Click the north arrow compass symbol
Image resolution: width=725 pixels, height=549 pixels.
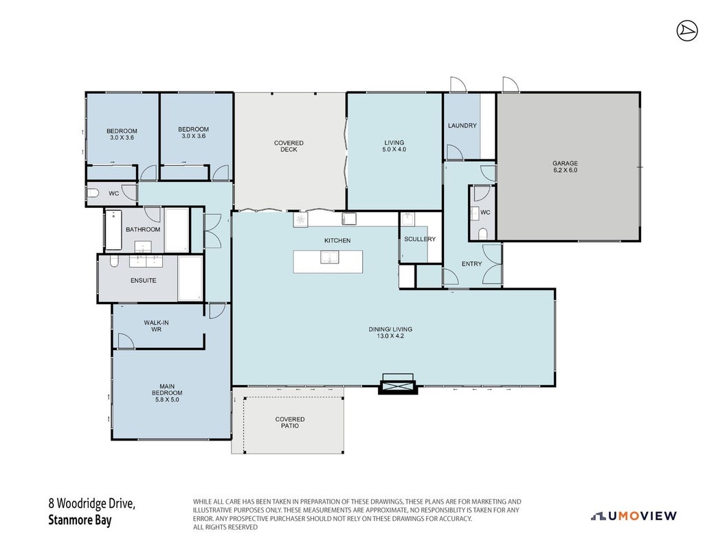click(687, 32)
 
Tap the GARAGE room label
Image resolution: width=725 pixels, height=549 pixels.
click(565, 163)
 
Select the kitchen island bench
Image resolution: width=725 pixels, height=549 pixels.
click(328, 261)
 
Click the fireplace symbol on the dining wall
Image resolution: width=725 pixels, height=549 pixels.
click(398, 384)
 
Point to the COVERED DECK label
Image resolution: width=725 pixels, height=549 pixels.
click(289, 146)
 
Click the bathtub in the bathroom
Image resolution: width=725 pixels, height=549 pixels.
click(114, 230)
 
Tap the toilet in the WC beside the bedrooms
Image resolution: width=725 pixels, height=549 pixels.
click(93, 193)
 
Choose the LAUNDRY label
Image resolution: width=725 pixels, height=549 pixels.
click(462, 125)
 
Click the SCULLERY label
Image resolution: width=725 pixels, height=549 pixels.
click(420, 239)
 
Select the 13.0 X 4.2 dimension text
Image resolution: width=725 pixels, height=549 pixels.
click(390, 336)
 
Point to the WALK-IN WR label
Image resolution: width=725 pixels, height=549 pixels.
click(156, 326)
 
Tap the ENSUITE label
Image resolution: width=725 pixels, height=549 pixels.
click(144, 280)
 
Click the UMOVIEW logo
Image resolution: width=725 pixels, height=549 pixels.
click(634, 516)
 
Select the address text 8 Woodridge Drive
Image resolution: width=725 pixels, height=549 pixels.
click(92, 503)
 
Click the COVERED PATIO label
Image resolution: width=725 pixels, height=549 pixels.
click(290, 423)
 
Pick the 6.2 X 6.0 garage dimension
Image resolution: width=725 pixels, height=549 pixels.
click(565, 170)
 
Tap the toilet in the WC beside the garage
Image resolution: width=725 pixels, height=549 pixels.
click(482, 233)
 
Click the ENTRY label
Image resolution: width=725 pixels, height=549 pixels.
click(471, 264)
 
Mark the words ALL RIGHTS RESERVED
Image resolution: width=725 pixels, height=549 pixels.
click(225, 527)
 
